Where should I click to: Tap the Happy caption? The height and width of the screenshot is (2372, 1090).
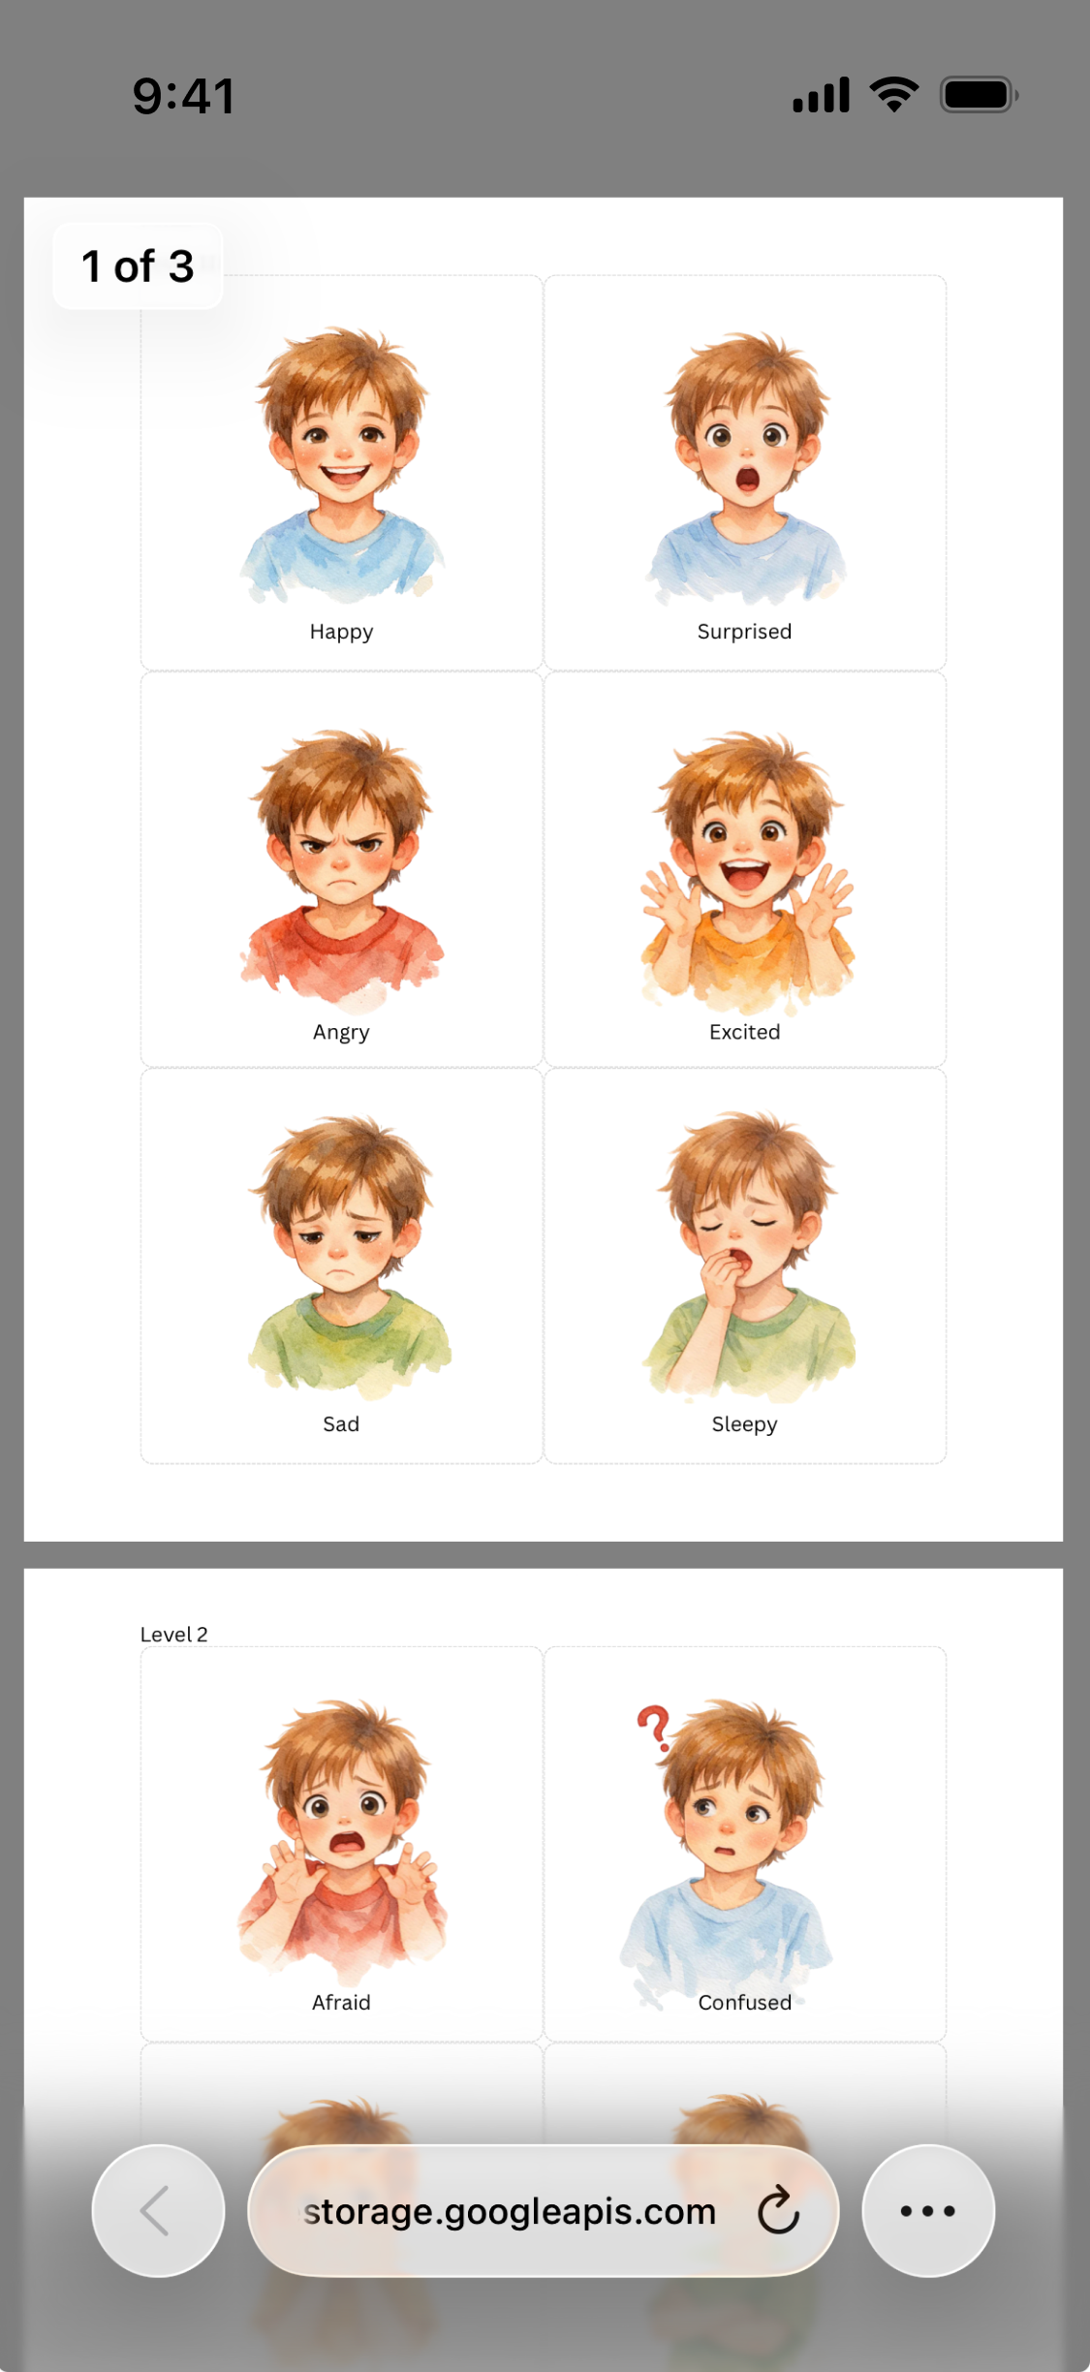click(x=341, y=632)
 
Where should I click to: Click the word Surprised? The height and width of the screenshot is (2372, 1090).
click(x=744, y=632)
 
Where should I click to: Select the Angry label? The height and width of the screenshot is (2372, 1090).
click(x=341, y=1033)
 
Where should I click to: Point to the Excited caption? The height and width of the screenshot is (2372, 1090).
click(x=744, y=1033)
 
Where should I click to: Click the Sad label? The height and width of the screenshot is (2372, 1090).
click(x=341, y=1424)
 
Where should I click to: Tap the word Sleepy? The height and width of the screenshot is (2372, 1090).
click(x=744, y=1424)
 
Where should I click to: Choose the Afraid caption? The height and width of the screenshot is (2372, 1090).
click(x=341, y=2003)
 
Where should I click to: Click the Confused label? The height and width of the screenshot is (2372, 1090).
click(x=744, y=2003)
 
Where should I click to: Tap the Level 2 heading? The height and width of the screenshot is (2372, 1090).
click(x=174, y=1635)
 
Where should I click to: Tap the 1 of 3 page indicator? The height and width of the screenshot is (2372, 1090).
click(x=138, y=266)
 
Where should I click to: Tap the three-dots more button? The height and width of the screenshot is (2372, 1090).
click(x=927, y=2211)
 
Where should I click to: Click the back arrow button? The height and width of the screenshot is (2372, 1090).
click(x=158, y=2211)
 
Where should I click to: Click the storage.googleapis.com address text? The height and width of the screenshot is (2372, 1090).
click(x=510, y=2212)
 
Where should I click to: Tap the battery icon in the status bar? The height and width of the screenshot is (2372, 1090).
click(x=978, y=95)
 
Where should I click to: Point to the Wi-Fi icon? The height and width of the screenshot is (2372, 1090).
click(x=893, y=95)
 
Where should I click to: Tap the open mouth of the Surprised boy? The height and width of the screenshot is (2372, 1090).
click(x=747, y=479)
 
